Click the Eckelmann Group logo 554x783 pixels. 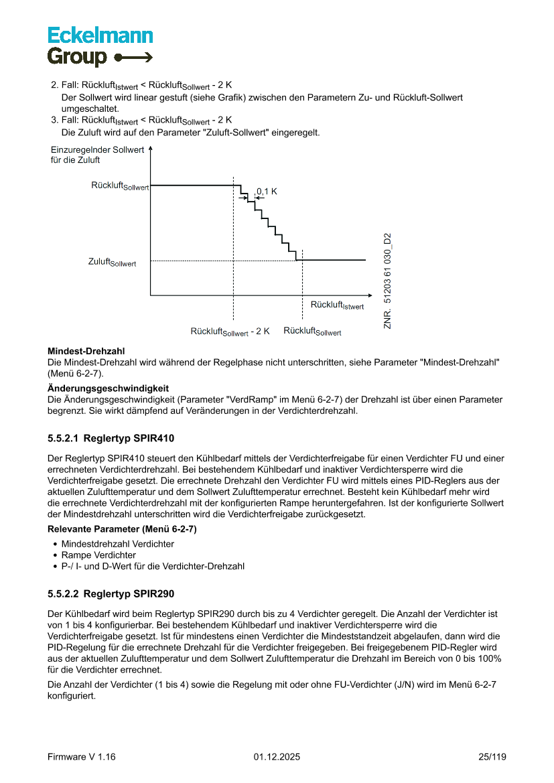(100, 46)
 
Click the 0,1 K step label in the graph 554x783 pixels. (267, 192)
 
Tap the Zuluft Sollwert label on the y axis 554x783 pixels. (112, 262)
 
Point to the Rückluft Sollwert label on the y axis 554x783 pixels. (120, 186)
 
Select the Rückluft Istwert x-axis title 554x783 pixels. (337, 305)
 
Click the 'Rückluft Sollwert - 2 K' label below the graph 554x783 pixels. (230, 332)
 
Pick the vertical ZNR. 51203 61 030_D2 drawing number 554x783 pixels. (387, 281)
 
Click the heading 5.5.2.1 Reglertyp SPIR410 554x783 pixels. (111, 439)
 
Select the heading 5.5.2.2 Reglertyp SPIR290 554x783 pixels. (111, 593)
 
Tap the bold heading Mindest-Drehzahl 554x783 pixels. (86, 351)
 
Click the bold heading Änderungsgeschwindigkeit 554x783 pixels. (108, 388)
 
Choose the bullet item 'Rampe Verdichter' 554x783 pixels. (98, 555)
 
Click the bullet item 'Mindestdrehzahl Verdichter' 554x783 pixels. (117, 544)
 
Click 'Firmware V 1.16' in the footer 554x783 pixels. (82, 757)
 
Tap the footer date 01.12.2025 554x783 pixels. (277, 757)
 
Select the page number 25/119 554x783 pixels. (492, 757)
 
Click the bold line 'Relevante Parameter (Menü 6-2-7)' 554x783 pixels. (122, 529)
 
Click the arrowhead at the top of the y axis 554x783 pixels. (150, 151)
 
